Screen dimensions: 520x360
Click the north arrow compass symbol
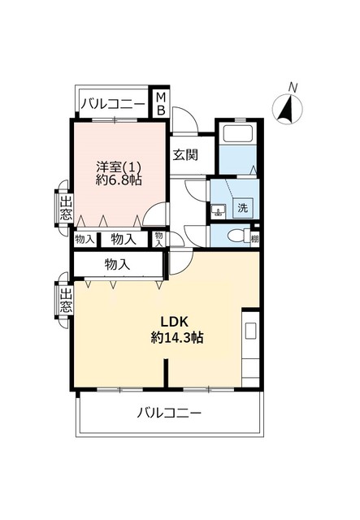[x=287, y=108]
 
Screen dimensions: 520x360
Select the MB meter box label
[x=161, y=103]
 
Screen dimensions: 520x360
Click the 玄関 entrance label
[x=184, y=154]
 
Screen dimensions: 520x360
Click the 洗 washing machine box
[x=241, y=207]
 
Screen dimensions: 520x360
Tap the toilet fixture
[x=236, y=237]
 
